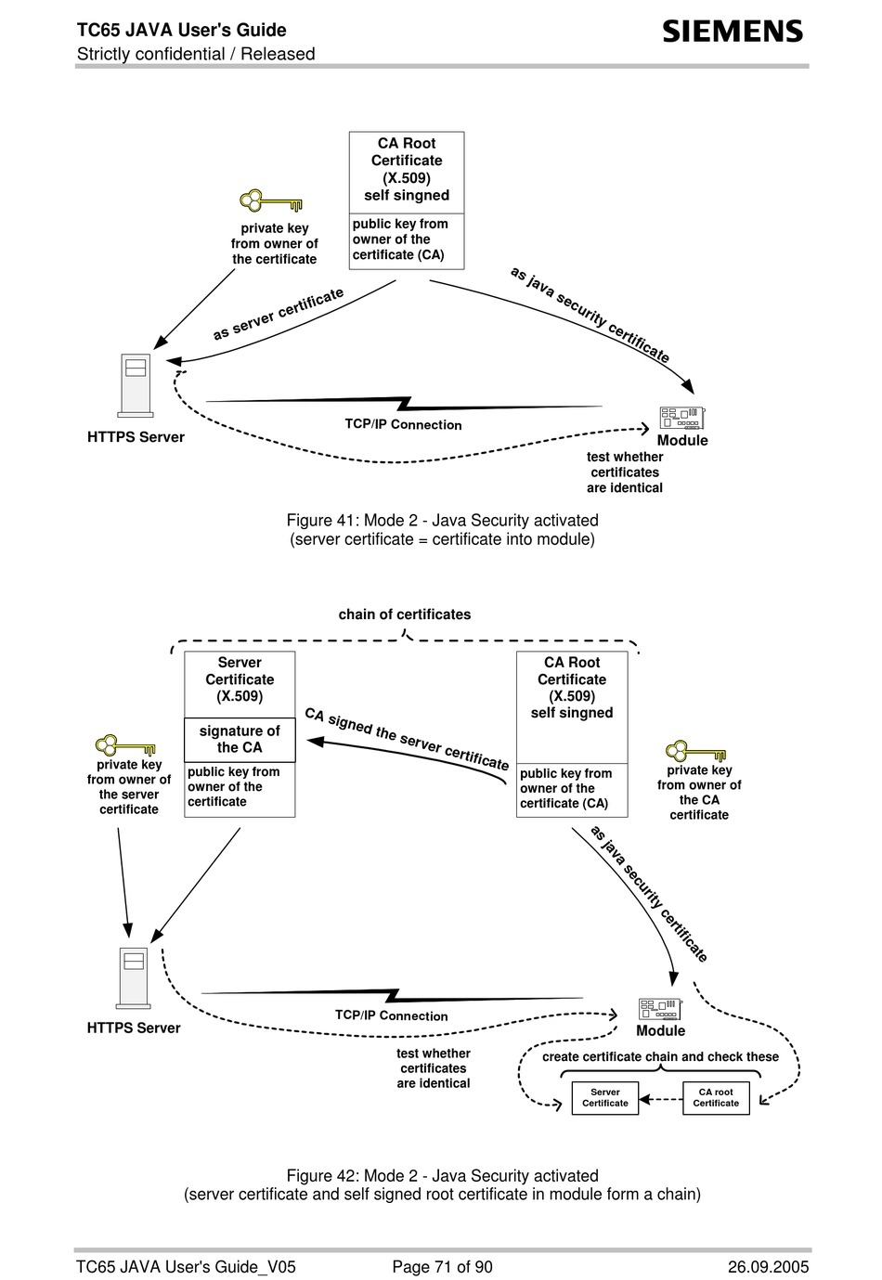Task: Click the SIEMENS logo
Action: tap(733, 32)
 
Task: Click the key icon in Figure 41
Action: tap(270, 200)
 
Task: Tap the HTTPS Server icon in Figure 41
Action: tap(136, 385)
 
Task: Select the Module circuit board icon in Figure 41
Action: tap(682, 418)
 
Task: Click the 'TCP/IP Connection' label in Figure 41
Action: tap(403, 424)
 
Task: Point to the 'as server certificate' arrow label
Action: tap(279, 314)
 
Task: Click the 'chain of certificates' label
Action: tap(405, 614)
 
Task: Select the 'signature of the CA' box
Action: tap(240, 740)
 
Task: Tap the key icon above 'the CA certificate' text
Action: tap(695, 751)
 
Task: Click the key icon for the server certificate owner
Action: tap(125, 745)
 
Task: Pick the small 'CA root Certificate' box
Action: tap(716, 1098)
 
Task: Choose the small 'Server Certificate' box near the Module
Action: tap(604, 1098)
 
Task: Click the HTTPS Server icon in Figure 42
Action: tap(133, 978)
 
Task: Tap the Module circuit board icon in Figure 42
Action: tap(660, 1009)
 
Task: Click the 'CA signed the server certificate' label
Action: tap(407, 739)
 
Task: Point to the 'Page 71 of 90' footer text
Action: tap(442, 1267)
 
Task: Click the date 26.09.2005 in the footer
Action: tap(768, 1267)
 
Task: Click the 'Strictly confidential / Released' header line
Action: tap(196, 54)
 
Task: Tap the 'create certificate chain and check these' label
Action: tap(660, 1056)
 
